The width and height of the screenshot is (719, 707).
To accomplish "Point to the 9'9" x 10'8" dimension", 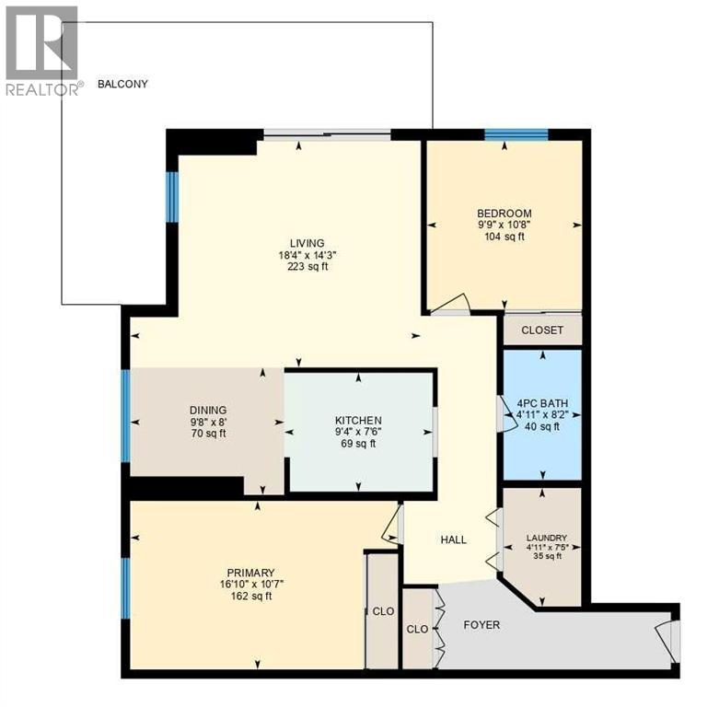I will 504,225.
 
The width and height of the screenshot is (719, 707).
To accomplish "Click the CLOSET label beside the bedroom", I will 542,330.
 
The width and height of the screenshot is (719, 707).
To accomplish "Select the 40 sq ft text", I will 542,426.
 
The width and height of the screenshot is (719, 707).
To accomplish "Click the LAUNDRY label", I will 546,538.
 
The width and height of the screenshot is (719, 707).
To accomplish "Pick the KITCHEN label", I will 358,420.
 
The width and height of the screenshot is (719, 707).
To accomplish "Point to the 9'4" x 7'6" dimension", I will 358,432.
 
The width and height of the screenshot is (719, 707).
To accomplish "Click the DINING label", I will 208,410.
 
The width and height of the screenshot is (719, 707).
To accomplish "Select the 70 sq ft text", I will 208,434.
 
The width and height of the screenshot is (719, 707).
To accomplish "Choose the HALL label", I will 452,539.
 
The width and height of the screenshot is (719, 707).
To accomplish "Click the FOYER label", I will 481,625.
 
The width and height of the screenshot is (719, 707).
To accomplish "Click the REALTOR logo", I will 42,51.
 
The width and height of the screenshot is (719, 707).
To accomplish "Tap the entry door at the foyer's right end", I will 670,640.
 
